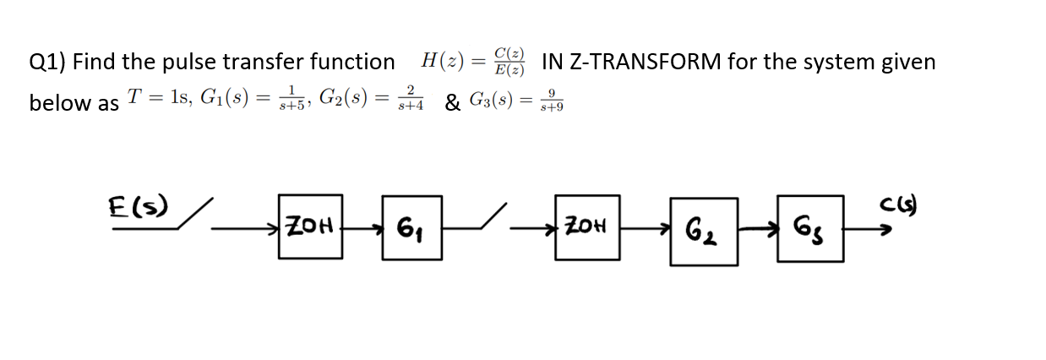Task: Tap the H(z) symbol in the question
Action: point(440,62)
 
